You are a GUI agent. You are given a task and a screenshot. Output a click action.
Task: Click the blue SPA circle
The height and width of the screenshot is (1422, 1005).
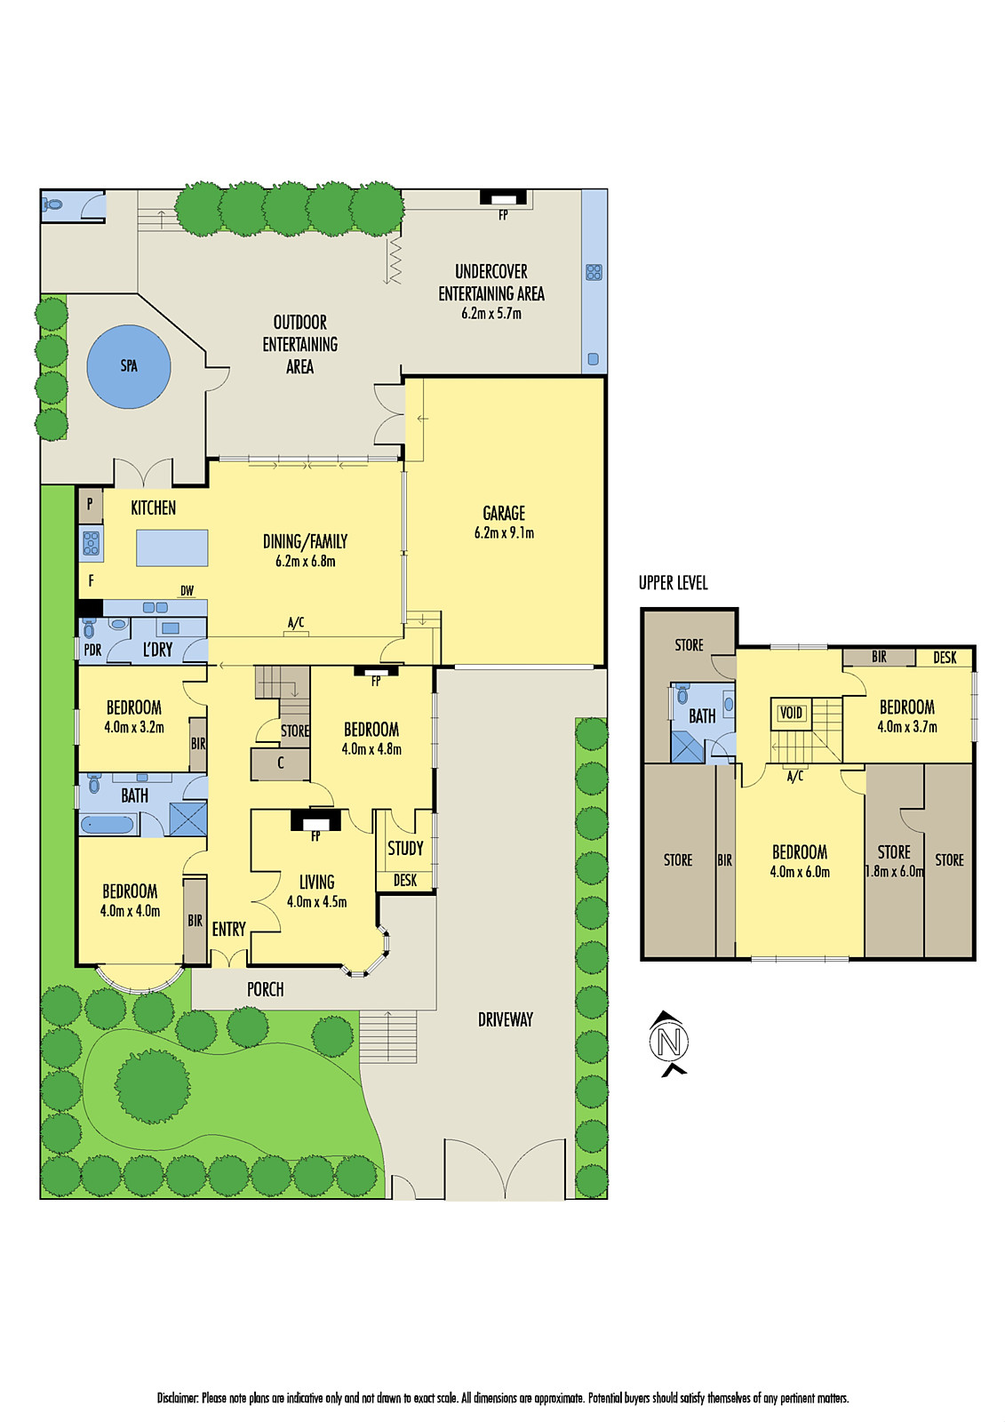(x=129, y=366)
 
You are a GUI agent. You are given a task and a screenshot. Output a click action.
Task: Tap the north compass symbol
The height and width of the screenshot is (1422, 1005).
(x=669, y=1042)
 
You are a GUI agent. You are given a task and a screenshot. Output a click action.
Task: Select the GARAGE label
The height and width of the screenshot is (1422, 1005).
(x=504, y=514)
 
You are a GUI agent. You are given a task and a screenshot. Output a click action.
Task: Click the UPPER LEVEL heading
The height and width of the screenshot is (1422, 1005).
(x=673, y=583)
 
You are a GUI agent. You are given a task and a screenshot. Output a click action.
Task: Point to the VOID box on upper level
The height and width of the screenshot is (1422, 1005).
(x=791, y=713)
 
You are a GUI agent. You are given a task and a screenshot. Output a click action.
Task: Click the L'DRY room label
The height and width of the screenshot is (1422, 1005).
(x=158, y=650)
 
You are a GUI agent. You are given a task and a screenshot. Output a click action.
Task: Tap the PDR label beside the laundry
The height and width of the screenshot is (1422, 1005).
(x=92, y=650)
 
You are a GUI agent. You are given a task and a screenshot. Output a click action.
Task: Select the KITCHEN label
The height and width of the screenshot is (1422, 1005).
(x=153, y=507)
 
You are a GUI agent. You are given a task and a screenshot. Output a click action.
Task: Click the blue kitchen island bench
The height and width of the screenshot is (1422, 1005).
(x=172, y=547)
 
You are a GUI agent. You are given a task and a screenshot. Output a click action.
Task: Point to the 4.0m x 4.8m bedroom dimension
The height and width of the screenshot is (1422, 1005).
(x=371, y=749)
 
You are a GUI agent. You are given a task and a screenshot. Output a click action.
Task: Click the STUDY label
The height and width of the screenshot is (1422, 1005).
(x=405, y=848)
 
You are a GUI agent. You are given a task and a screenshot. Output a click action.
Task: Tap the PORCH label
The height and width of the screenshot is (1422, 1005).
(x=265, y=989)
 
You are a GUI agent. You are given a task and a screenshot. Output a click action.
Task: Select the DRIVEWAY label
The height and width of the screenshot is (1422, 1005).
(x=505, y=1019)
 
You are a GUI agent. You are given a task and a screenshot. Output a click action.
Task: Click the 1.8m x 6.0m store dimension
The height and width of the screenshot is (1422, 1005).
(x=894, y=871)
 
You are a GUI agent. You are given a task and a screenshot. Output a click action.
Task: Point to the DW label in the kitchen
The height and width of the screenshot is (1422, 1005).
(x=187, y=591)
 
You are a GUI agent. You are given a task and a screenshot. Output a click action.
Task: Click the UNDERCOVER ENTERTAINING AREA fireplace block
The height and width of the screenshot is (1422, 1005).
(x=504, y=197)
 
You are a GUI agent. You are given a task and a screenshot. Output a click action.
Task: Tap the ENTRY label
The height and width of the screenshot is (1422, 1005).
(x=228, y=929)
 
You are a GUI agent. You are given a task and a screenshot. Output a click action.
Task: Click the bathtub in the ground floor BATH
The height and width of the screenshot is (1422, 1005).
(x=107, y=825)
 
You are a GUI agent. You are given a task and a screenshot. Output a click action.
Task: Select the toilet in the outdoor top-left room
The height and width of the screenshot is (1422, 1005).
(x=53, y=205)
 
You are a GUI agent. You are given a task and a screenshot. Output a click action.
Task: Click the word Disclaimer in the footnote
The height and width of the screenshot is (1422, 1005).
(x=178, y=1398)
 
